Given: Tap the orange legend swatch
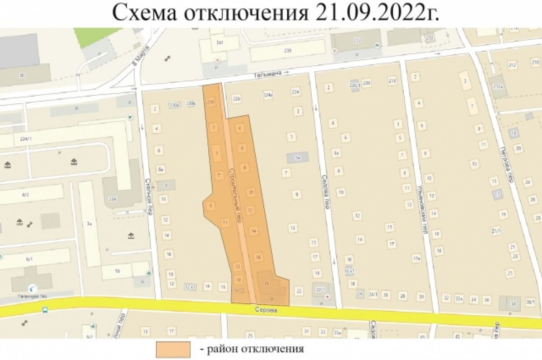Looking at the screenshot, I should [x=173, y=349].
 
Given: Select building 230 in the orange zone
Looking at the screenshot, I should [x=210, y=103].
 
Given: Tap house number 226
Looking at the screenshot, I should [x=236, y=99].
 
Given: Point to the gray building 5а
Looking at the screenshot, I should [x=298, y=157].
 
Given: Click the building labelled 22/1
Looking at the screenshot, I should [x=321, y=290].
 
